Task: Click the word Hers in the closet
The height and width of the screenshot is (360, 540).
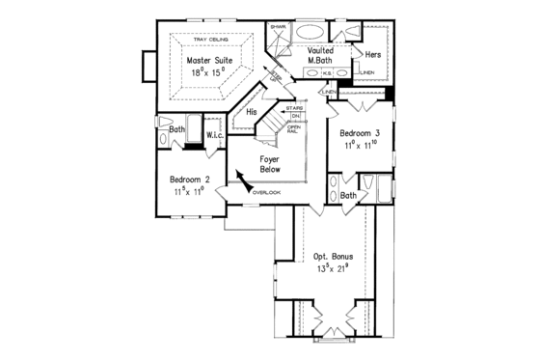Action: point(372,55)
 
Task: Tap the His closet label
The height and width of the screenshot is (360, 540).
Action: point(252,112)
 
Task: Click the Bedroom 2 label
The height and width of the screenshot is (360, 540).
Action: point(191,180)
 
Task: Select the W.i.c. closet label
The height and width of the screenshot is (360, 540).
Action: point(215,136)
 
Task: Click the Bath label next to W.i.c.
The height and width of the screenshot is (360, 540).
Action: point(177,128)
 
